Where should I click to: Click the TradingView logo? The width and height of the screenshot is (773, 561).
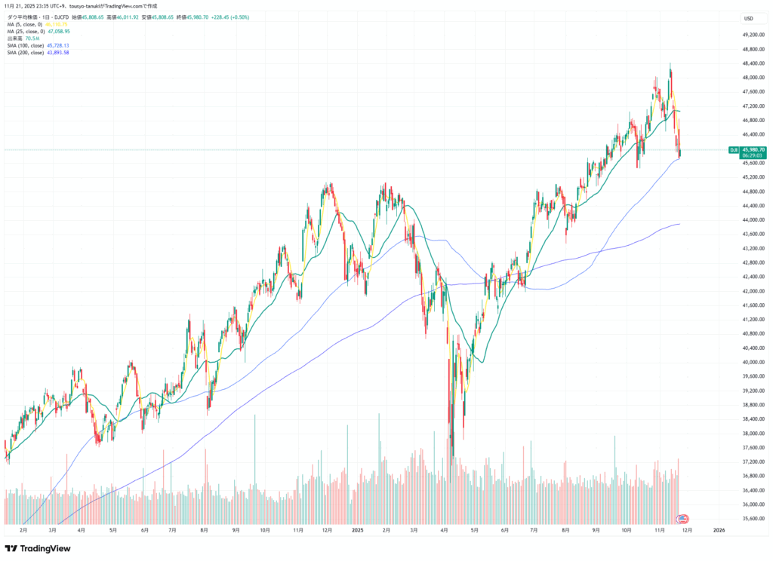[x=38, y=548]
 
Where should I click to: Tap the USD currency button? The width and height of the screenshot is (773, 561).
[x=749, y=18]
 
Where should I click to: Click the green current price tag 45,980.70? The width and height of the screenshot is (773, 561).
[x=755, y=149]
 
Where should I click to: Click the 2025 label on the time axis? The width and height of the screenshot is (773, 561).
[x=358, y=531]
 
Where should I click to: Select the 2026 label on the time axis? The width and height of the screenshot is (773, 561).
[x=719, y=531]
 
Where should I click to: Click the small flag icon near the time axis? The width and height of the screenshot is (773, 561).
[x=683, y=519]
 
